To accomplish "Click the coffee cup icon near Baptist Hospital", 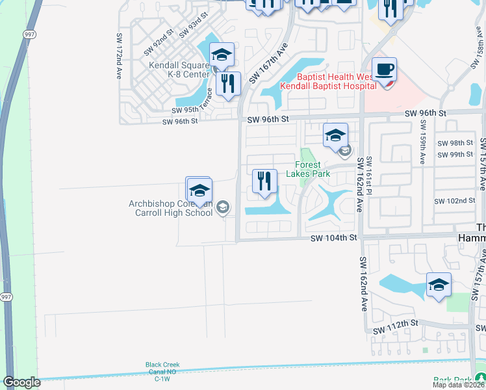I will (x=384, y=70).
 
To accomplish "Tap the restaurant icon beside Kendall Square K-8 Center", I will (x=227, y=84).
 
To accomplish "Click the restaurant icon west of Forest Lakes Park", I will (x=264, y=181).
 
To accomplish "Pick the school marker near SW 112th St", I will (x=439, y=284).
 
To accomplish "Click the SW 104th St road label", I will (x=334, y=239).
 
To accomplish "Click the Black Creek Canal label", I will (x=162, y=369).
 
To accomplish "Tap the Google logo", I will (x=21, y=382).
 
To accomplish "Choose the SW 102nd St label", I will (x=455, y=201).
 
